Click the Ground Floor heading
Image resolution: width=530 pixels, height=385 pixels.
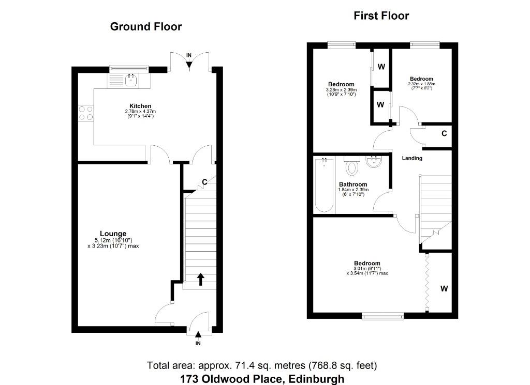tap(146, 27)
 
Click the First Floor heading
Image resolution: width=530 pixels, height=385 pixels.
tap(381, 16)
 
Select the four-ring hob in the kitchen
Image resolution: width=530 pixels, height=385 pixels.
tap(86, 113)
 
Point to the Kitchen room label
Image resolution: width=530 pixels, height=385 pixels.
tap(140, 106)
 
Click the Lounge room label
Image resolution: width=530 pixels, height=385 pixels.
tap(113, 234)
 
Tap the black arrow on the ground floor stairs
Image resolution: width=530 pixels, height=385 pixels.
tap(201, 279)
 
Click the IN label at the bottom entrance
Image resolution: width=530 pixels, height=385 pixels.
tap(198, 344)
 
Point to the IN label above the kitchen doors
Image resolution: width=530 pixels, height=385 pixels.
tap(189, 55)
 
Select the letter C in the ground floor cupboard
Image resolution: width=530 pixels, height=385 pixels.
tap(204, 182)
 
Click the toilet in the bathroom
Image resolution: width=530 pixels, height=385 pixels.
tap(351, 166)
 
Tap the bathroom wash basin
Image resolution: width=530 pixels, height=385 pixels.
tap(374, 162)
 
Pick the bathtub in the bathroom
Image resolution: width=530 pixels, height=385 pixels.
tap(324, 185)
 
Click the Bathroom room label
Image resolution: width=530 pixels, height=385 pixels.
tap(353, 184)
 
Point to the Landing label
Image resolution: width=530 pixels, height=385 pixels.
tap(412, 158)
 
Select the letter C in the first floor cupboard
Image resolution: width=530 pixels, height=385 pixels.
tap(444, 134)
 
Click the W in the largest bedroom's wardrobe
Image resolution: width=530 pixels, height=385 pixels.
tap(444, 288)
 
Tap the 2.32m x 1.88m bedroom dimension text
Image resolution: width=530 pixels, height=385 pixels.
tap(421, 84)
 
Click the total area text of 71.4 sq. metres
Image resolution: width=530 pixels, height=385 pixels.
tap(262, 365)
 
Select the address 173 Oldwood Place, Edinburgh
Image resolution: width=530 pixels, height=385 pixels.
tap(262, 379)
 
